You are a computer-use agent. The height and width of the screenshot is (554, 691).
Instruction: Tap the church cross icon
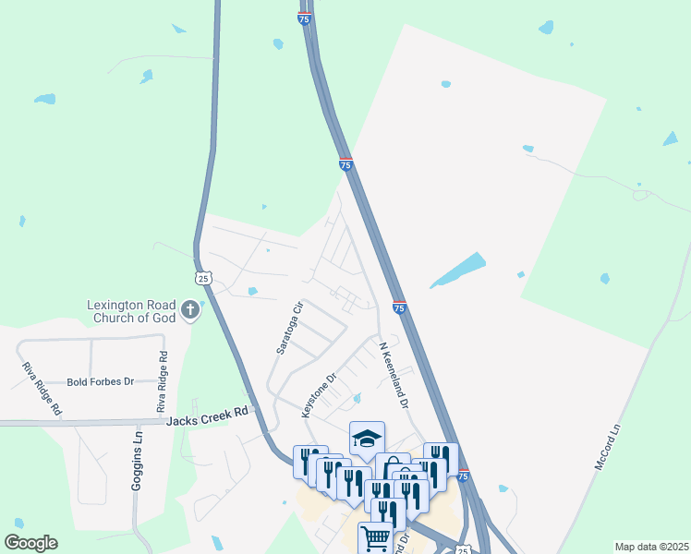point(191,308)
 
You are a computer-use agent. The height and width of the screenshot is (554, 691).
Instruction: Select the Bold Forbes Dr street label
point(101,381)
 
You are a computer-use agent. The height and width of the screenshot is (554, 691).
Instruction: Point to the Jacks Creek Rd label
point(209,418)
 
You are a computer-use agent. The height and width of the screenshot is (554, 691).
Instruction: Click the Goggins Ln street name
point(138,459)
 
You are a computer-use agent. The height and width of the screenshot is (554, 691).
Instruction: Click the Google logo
point(30,543)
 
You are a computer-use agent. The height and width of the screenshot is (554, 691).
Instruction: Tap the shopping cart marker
point(375,536)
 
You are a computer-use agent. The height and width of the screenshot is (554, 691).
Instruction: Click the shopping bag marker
point(393,467)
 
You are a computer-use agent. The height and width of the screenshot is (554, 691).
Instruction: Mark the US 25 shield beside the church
point(203,277)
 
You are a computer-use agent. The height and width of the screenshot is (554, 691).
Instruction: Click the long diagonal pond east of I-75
point(457,270)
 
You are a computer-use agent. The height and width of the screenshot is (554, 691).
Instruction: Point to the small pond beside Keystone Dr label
point(357,398)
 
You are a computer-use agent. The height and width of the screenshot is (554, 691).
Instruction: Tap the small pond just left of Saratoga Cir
point(253,292)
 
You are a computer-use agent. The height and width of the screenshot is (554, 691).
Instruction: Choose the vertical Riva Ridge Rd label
point(162,382)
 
